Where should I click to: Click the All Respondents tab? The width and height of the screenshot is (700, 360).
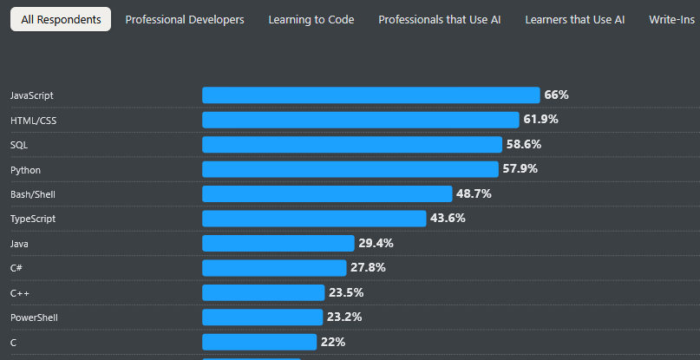point(61,19)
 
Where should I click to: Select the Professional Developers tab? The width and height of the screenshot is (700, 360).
point(185,19)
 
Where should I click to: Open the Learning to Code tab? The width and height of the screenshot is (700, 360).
point(311,19)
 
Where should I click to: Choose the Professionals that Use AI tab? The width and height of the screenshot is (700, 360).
point(440,19)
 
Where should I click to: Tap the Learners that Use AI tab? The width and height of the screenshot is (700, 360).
point(574,19)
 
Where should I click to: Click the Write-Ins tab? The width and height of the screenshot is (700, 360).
point(674,19)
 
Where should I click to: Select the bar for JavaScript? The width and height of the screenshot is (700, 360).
point(370,95)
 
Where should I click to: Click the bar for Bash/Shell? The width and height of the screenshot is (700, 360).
point(327,194)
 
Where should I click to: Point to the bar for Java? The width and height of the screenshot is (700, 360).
point(278,244)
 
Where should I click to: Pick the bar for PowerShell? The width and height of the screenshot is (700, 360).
point(263,317)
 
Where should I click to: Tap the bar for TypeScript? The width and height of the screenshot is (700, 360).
point(314,219)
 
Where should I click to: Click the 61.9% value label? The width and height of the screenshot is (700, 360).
point(540,120)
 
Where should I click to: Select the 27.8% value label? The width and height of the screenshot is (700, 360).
point(368,268)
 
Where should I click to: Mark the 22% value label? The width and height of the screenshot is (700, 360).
point(333,343)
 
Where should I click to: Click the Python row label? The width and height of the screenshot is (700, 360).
point(25,170)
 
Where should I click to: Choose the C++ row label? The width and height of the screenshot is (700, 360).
point(20,293)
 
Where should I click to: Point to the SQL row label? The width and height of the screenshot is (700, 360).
point(19,145)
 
